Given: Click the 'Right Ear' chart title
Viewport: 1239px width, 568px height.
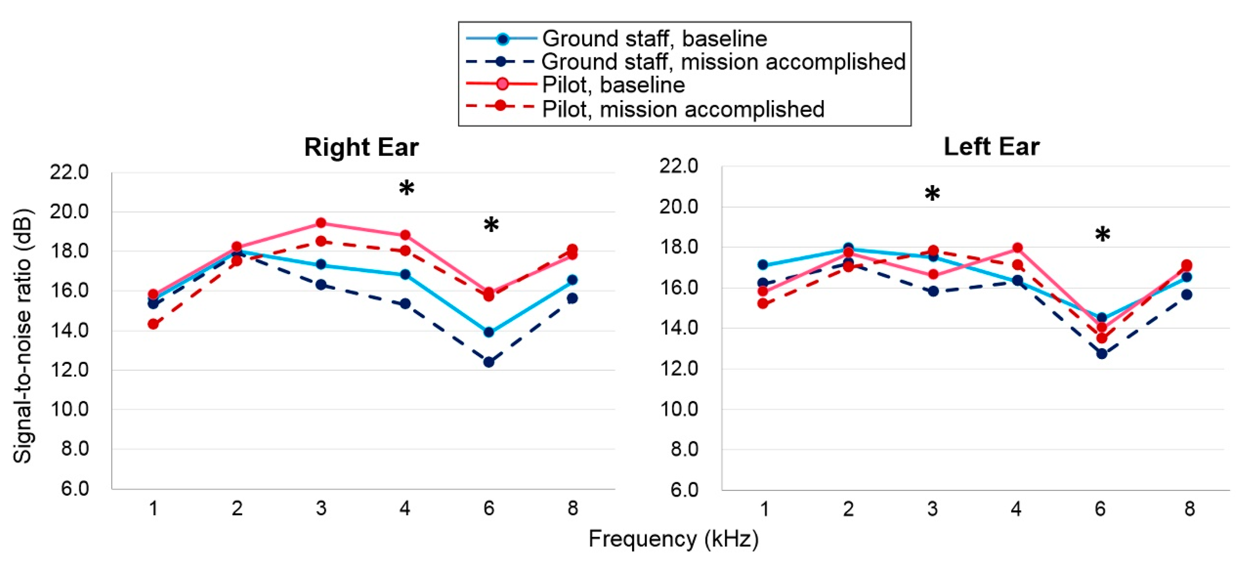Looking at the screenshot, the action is [361, 147].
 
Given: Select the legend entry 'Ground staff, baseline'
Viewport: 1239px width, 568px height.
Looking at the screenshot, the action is [654, 38].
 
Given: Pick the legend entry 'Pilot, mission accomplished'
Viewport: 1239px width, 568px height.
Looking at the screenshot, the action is [683, 109].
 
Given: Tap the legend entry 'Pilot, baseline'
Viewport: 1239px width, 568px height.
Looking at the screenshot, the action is [613, 85].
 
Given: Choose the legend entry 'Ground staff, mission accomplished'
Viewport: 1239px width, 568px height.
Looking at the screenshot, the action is [724, 62].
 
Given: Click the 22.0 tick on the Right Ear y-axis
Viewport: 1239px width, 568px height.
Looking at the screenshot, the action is [70, 172].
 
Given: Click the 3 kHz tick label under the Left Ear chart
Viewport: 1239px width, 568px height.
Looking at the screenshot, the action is [932, 508].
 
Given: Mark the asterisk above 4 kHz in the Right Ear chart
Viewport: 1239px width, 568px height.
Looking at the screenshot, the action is [406, 188].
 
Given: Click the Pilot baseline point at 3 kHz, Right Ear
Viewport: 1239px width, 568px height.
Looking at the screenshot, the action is [321, 223].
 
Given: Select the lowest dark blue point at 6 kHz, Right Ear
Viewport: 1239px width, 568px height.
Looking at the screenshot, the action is [489, 362].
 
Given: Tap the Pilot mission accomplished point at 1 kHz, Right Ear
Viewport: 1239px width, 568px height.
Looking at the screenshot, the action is [153, 324].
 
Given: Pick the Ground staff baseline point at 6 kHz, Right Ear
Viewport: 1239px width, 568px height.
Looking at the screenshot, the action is [489, 332].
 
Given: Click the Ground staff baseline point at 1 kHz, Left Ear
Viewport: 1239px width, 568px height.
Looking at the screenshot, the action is [763, 265].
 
